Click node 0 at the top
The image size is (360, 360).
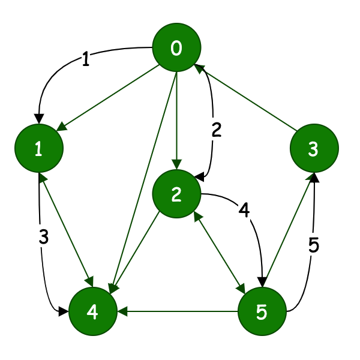point(176,49)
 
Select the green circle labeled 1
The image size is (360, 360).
point(39,149)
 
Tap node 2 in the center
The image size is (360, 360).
point(176,194)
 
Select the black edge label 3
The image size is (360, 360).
point(43,237)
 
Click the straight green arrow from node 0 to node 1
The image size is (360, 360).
point(108,99)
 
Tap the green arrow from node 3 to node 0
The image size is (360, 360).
point(246,99)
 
